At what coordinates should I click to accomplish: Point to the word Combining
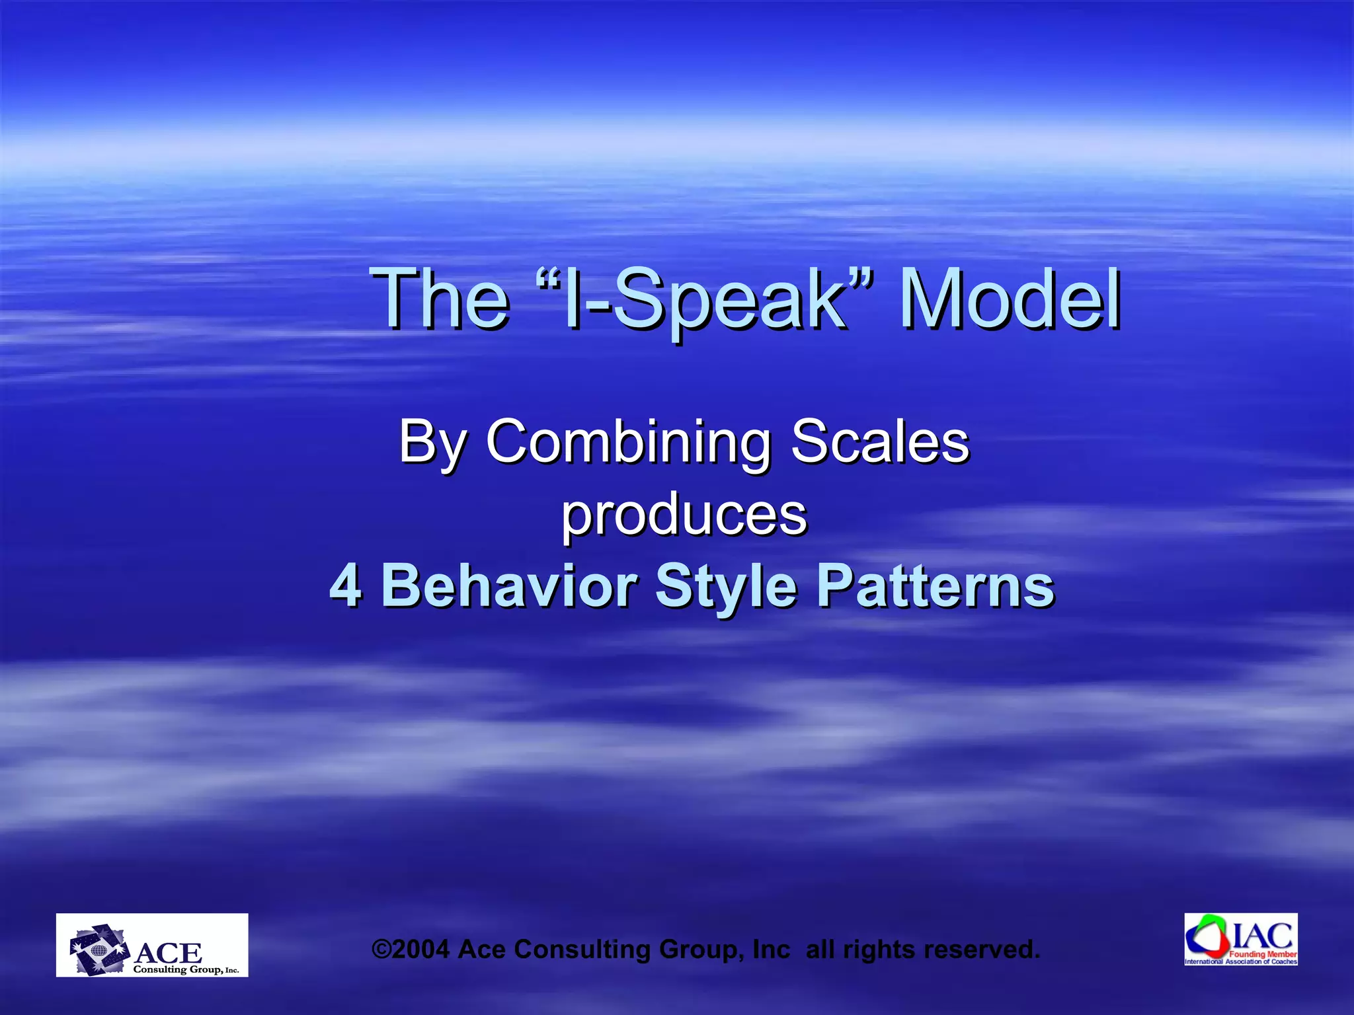pos(628,441)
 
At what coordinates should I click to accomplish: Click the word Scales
pos(880,441)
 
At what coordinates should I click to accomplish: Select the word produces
pos(684,515)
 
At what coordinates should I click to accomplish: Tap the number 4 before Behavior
pos(345,585)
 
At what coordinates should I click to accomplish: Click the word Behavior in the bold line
pos(509,585)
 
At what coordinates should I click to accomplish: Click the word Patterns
pos(936,585)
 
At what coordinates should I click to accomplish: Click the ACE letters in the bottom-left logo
pos(169,953)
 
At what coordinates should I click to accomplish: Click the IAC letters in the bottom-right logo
pos(1263,936)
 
